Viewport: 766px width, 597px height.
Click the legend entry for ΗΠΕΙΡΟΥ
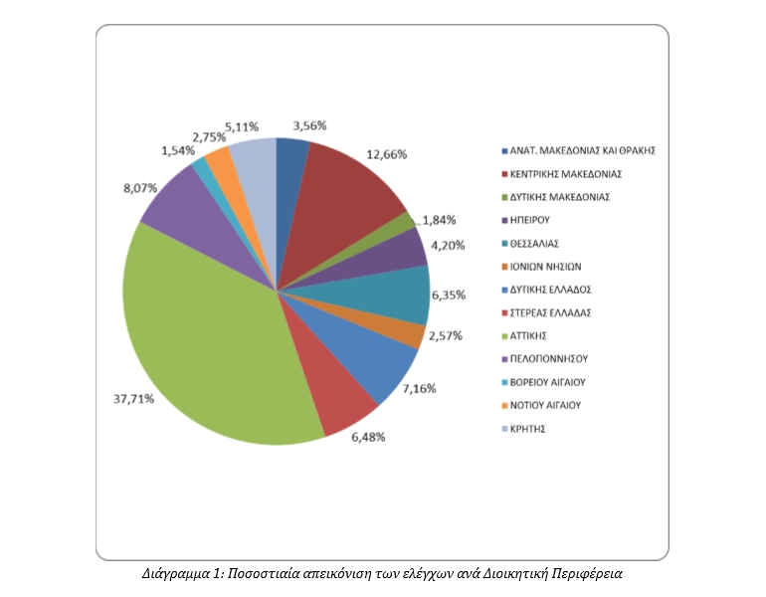(x=530, y=220)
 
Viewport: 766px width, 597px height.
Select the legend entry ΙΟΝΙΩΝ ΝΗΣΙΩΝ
(x=546, y=267)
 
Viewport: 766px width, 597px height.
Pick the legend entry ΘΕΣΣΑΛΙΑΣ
(x=536, y=244)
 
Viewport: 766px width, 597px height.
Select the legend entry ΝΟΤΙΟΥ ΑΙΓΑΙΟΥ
(x=545, y=406)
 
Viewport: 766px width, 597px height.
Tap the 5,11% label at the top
(x=242, y=127)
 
